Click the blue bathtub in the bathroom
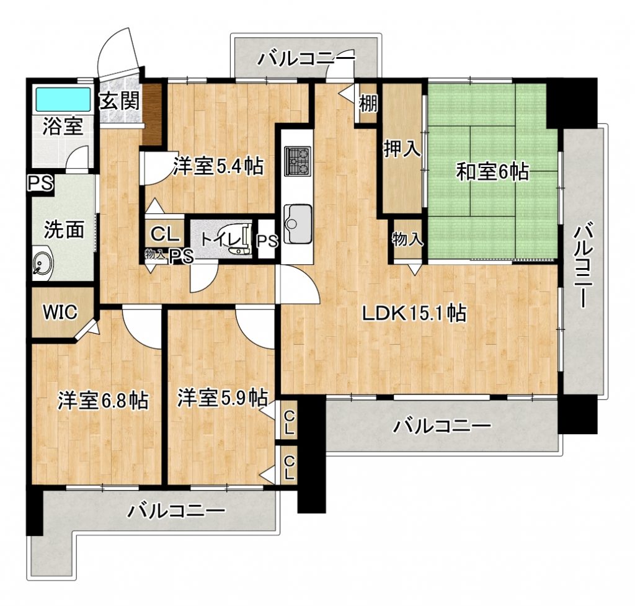(63, 99)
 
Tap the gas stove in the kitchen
(298, 161)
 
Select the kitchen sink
(298, 224)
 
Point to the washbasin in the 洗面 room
(42, 263)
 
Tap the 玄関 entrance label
(120, 101)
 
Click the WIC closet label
(60, 312)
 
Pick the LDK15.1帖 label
(414, 313)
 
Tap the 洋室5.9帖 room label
(223, 398)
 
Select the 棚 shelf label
(368, 104)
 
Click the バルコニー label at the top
(306, 59)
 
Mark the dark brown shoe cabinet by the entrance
(153, 114)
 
